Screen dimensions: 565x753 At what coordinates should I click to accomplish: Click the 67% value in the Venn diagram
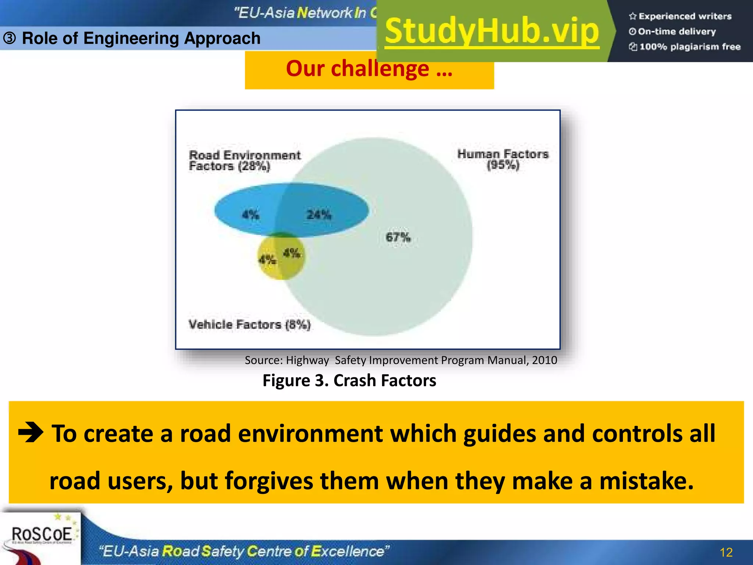(398, 237)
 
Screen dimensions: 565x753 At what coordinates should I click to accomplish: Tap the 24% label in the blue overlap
(319, 214)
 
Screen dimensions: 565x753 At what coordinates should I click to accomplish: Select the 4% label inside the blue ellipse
(250, 214)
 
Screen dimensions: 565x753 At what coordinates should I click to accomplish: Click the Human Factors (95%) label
(503, 159)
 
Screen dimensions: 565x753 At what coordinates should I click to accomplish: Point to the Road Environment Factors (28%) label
(245, 161)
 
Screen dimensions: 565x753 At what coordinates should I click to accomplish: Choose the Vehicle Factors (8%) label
(249, 324)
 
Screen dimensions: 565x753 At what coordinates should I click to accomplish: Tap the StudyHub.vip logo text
(492, 31)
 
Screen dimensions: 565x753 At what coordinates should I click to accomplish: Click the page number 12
(726, 552)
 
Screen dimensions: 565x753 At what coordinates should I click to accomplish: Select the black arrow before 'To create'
(31, 433)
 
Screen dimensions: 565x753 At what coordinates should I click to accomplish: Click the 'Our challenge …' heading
(369, 69)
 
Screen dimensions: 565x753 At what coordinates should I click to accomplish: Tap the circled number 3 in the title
(10, 38)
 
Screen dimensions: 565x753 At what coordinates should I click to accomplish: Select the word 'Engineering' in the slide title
(131, 38)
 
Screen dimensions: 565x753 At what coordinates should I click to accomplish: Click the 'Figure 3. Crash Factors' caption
(349, 380)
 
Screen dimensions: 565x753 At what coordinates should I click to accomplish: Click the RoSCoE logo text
(42, 534)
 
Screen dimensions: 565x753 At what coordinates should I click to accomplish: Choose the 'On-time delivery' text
(677, 32)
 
